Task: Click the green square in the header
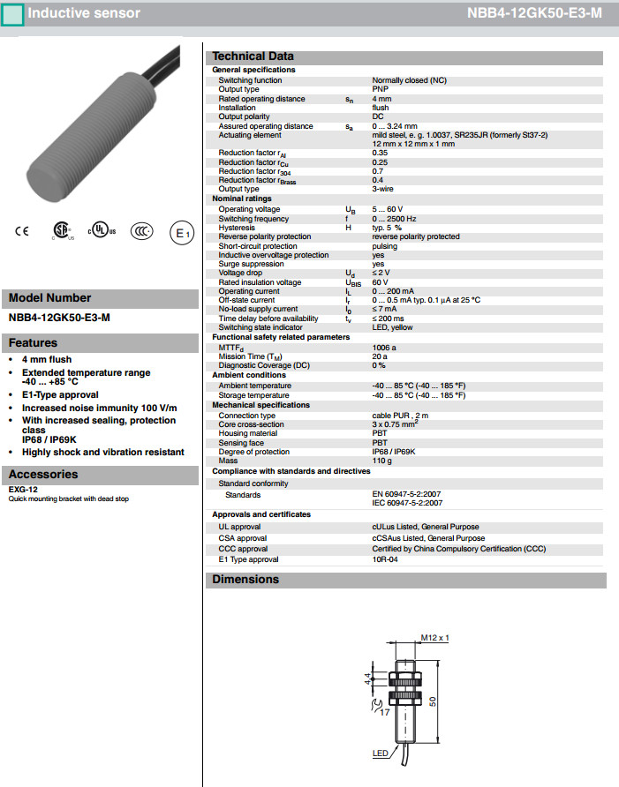point(13,14)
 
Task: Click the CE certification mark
point(22,232)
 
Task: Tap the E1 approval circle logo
point(181,233)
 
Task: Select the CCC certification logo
point(141,232)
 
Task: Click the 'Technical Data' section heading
point(253,56)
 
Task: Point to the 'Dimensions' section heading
point(245,580)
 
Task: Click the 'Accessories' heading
point(43,475)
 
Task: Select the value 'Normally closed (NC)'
point(411,80)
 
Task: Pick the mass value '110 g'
point(383,461)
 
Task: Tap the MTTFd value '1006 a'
point(384,348)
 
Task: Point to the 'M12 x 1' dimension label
point(435,637)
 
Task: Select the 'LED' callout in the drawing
point(381,753)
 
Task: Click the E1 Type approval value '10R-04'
point(384,559)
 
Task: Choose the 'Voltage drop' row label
point(240,274)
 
